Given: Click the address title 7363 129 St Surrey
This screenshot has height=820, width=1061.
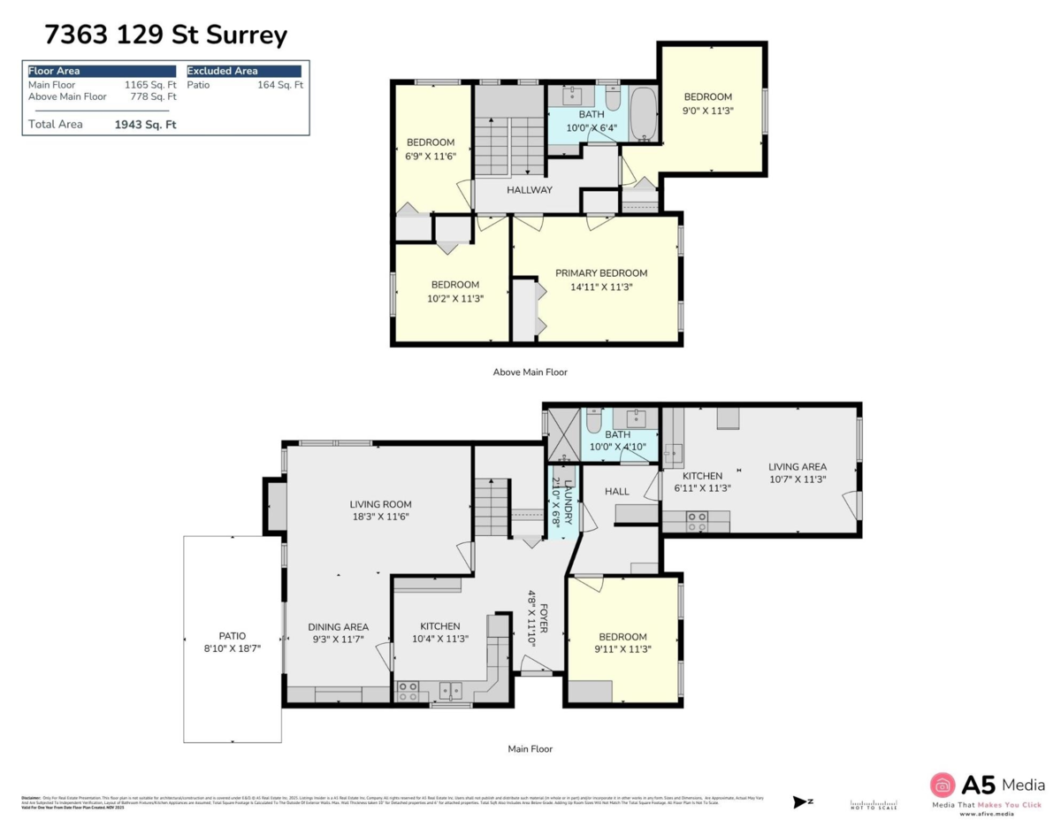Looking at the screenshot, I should (x=165, y=35).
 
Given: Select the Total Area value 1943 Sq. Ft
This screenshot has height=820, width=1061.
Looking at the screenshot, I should (x=145, y=125).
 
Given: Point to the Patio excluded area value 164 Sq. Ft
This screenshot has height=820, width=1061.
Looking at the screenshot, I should (x=280, y=85).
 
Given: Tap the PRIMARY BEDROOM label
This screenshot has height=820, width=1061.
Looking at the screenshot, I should (x=600, y=273).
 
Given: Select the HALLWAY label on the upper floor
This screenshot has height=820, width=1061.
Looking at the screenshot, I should (x=530, y=190).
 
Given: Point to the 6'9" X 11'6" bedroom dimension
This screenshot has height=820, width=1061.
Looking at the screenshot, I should (x=431, y=157).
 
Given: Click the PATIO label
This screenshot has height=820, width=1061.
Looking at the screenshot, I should (x=233, y=635).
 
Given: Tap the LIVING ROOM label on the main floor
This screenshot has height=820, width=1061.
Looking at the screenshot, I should (x=379, y=504).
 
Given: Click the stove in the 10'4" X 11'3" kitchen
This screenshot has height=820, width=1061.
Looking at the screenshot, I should (x=408, y=691).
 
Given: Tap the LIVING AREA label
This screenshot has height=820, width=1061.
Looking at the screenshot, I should (x=797, y=467).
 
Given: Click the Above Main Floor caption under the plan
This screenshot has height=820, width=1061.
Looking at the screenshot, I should (x=530, y=372).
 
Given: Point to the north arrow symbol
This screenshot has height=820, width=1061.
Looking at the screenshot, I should (x=802, y=801).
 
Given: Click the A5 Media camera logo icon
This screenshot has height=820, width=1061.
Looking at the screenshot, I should (x=943, y=786).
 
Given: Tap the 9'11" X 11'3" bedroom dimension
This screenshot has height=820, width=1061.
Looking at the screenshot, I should (x=622, y=649).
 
